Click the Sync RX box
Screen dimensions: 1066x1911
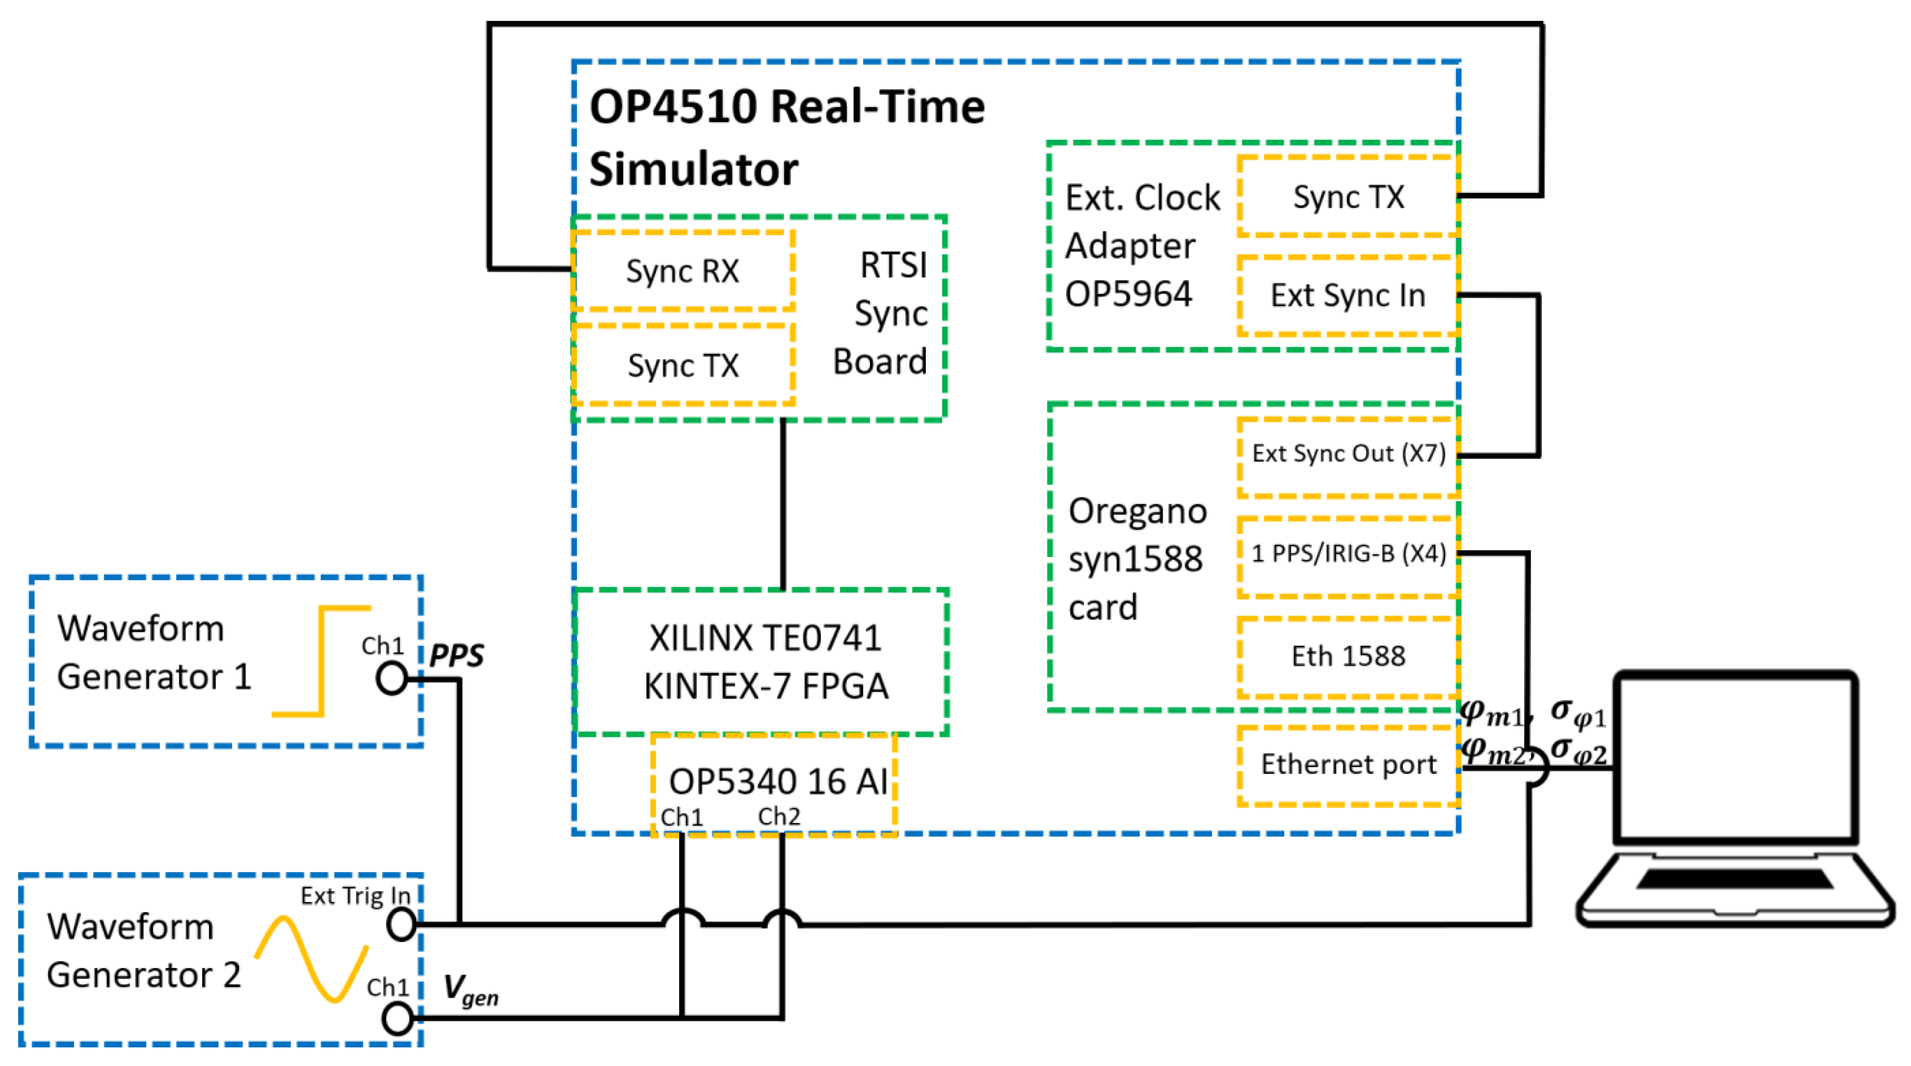click(x=682, y=271)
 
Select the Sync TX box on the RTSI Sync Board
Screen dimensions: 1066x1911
click(x=682, y=365)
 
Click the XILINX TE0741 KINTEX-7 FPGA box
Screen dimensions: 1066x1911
click(x=764, y=661)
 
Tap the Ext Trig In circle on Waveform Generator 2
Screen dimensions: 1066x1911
click(x=401, y=924)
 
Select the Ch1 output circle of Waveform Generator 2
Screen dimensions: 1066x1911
click(x=398, y=1018)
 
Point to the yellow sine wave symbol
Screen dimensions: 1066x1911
click(x=311, y=960)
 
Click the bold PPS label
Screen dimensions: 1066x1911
click(x=456, y=656)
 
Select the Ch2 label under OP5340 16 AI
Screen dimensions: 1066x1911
click(x=779, y=817)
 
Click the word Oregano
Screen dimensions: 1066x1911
click(x=1137, y=511)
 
